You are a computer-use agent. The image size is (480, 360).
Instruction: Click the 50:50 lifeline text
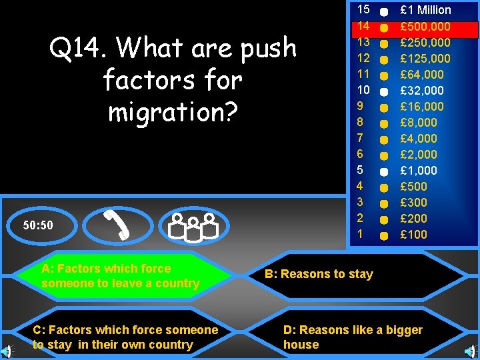(x=38, y=225)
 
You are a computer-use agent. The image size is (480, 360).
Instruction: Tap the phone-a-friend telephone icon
(x=117, y=225)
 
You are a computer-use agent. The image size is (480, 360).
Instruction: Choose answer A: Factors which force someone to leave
(x=120, y=276)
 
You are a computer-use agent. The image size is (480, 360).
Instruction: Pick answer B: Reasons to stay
(x=319, y=274)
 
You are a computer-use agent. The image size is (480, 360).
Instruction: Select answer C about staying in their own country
(x=125, y=337)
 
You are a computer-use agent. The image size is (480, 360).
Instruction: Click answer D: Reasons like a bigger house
(x=353, y=337)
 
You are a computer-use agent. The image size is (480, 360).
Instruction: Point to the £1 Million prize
(x=425, y=10)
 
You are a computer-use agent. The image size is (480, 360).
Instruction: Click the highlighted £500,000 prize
(x=425, y=27)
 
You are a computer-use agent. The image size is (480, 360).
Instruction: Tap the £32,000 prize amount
(x=421, y=91)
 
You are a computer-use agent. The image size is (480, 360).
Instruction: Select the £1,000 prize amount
(x=418, y=171)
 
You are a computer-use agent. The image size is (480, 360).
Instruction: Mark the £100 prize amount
(x=413, y=235)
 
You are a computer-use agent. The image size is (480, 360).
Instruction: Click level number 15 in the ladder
(x=363, y=10)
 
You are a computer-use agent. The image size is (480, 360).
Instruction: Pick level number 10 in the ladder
(x=363, y=90)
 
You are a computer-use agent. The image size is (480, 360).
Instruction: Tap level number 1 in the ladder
(x=360, y=235)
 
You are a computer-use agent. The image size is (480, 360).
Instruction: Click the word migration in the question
(x=172, y=112)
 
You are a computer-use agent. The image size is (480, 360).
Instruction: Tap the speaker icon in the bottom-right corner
(x=473, y=351)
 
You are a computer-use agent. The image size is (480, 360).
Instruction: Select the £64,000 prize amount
(x=421, y=75)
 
